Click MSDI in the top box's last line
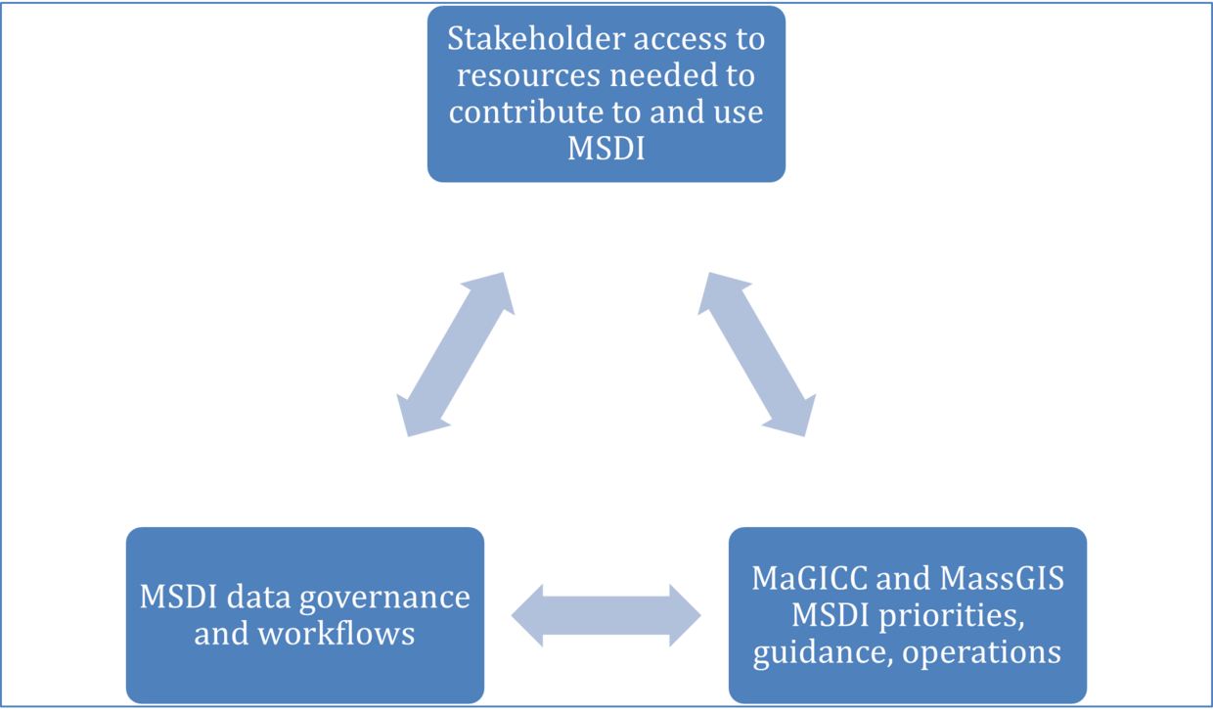click(x=606, y=149)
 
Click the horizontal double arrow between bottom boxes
click(x=606, y=615)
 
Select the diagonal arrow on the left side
click(x=456, y=354)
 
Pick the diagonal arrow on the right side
click(x=756, y=354)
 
